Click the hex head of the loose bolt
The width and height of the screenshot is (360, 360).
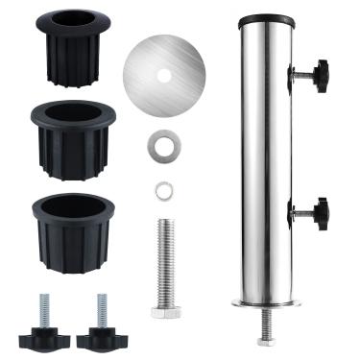tap(165, 310)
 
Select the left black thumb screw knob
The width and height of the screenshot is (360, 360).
tap(49, 333)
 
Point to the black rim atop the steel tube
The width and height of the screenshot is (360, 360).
tap(267, 19)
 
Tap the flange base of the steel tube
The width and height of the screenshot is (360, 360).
tap(267, 304)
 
